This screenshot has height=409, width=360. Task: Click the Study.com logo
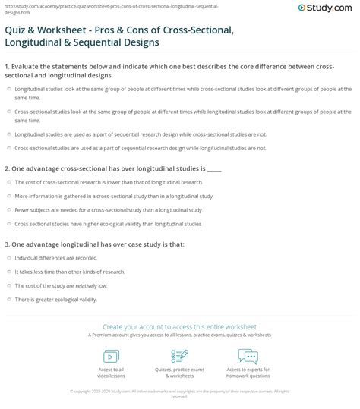(328, 9)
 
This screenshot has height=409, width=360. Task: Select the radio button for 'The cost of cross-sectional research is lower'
(8, 183)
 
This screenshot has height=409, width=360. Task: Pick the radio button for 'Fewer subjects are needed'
(8, 209)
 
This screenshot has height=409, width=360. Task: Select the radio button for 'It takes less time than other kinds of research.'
(8, 272)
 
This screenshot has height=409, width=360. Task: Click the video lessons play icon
(111, 356)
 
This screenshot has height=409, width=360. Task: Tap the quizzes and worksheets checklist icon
(180, 356)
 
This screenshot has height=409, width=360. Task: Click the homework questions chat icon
(248, 356)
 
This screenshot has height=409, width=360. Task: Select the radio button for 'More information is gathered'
(8, 196)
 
